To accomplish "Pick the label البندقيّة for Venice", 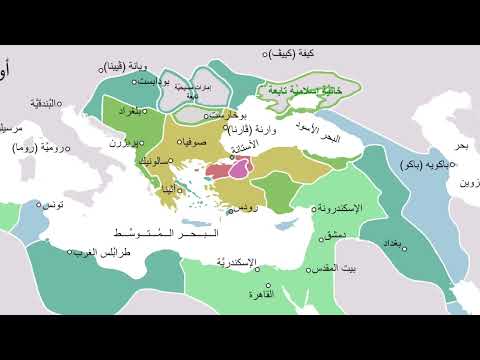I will (x=48, y=103).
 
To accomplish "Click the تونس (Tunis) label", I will (x=56, y=203).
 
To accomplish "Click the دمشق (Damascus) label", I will (x=335, y=233).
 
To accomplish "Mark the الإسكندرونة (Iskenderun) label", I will (x=339, y=208).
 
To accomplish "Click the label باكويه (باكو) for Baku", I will (x=423, y=163).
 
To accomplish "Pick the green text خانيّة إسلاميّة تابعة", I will (x=300, y=90).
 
